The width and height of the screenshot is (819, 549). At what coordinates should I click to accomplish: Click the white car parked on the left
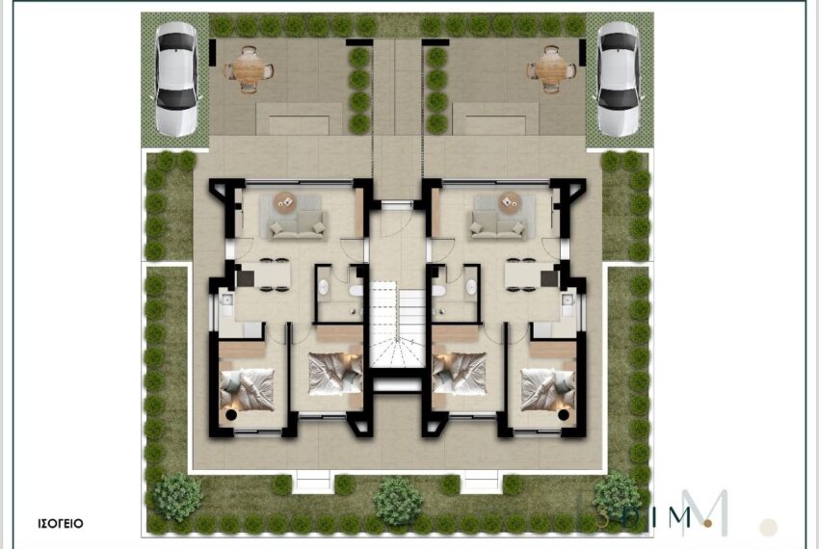click(176, 78)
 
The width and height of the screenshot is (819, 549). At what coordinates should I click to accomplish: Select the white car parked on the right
click(619, 78)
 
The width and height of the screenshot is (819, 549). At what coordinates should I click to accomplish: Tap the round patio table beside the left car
click(250, 69)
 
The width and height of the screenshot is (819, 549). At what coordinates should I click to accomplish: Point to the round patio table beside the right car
click(550, 69)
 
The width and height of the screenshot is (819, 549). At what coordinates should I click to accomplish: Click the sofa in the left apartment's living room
click(297, 225)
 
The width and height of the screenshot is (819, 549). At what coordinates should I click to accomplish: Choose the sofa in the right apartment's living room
click(498, 225)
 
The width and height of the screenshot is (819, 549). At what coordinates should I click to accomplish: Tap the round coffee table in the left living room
click(285, 202)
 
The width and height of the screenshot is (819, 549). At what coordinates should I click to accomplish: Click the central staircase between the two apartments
click(398, 325)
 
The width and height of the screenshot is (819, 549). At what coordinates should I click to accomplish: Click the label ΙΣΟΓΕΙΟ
click(61, 523)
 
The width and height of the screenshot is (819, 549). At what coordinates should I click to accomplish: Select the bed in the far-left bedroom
click(247, 390)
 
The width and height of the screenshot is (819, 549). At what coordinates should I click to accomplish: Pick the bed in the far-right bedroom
click(548, 390)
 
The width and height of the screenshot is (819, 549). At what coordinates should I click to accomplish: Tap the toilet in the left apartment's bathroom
click(357, 291)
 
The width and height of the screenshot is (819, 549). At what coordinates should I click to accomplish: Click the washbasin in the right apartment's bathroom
click(471, 287)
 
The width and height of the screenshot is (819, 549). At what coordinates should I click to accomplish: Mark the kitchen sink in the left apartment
click(227, 300)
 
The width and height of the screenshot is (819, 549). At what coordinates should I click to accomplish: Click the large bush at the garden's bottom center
click(398, 501)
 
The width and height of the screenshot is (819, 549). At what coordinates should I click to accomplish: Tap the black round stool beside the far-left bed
click(231, 415)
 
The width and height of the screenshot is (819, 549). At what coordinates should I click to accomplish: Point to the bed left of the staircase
click(334, 374)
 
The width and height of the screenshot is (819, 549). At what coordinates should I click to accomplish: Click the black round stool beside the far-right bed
click(563, 415)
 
